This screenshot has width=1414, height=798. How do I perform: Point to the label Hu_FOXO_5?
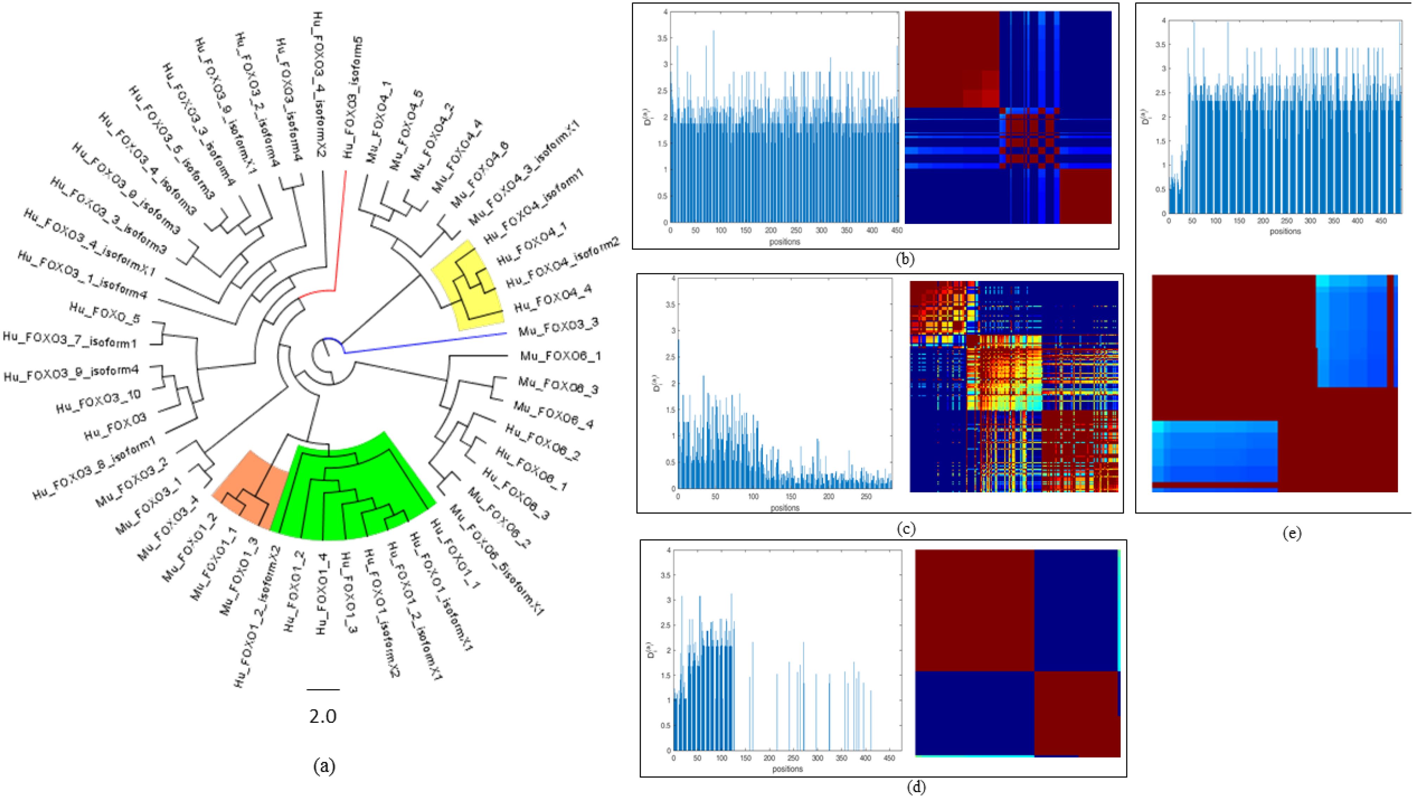click(104, 313)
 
